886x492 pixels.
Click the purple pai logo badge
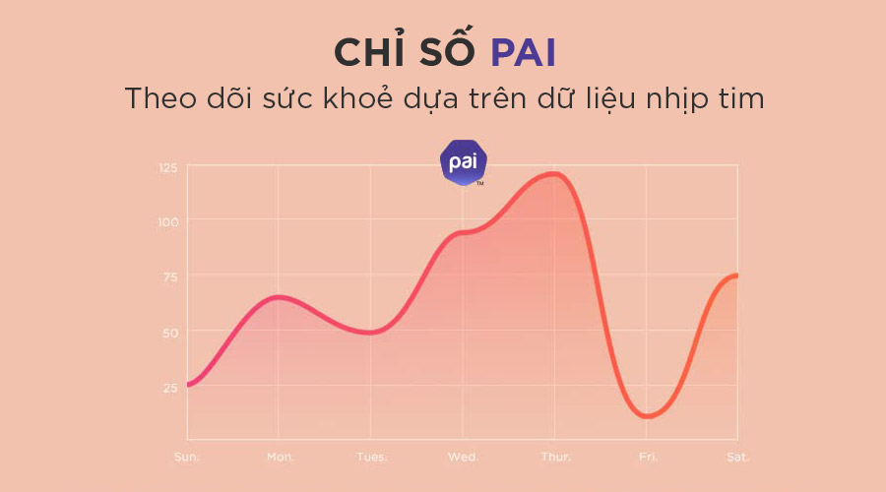pyautogui.click(x=463, y=163)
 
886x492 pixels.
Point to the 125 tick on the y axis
pyautogui.click(x=168, y=168)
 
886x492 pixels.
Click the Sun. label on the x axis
pyautogui.click(x=187, y=458)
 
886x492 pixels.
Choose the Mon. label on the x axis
pyautogui.click(x=279, y=458)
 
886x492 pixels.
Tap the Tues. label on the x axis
pyautogui.click(x=371, y=458)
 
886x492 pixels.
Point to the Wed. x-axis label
pyautogui.click(x=463, y=458)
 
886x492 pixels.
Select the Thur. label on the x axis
pyautogui.click(x=555, y=458)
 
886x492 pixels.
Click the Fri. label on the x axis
pyautogui.click(x=647, y=458)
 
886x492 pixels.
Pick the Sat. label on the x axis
pyautogui.click(x=737, y=458)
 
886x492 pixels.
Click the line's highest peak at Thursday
pyautogui.click(x=554, y=174)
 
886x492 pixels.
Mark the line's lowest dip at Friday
pyautogui.click(x=647, y=416)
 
